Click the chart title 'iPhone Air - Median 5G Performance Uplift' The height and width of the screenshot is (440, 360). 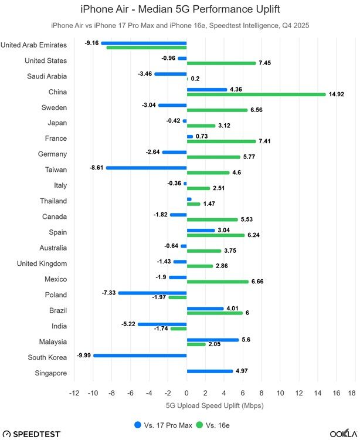[x=179, y=9]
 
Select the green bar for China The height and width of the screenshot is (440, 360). [x=256, y=94]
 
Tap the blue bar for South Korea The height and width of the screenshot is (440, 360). [x=140, y=355]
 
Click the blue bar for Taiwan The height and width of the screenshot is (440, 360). [x=146, y=167]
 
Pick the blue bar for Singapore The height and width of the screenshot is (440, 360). [x=210, y=371]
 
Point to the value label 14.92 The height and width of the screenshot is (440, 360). [x=338, y=94]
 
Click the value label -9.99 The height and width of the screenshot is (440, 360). [x=82, y=355]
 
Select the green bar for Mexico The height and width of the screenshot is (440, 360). [x=218, y=282]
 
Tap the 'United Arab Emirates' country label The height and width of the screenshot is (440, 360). [x=34, y=45]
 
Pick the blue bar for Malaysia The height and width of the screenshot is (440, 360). [x=213, y=340]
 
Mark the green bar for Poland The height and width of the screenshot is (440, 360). [x=178, y=297]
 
